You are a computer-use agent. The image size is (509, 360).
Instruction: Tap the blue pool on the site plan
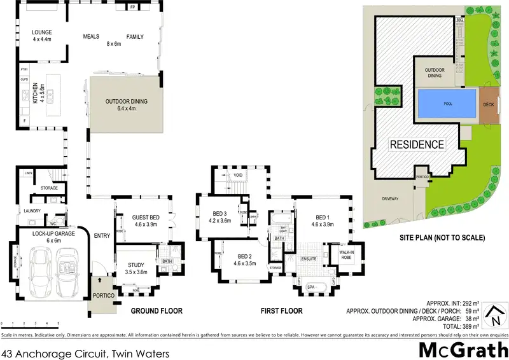point(447,104)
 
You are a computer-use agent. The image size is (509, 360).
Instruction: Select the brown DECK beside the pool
point(488,104)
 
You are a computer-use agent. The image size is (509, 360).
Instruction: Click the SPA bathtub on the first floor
point(311,287)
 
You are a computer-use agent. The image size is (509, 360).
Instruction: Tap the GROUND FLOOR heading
point(157,311)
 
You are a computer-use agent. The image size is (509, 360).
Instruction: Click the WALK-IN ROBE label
point(346,254)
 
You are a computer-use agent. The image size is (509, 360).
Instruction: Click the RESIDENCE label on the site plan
point(416,144)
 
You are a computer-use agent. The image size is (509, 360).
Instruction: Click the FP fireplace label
point(133,8)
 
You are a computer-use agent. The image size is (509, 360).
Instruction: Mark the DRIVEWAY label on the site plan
point(390,198)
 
